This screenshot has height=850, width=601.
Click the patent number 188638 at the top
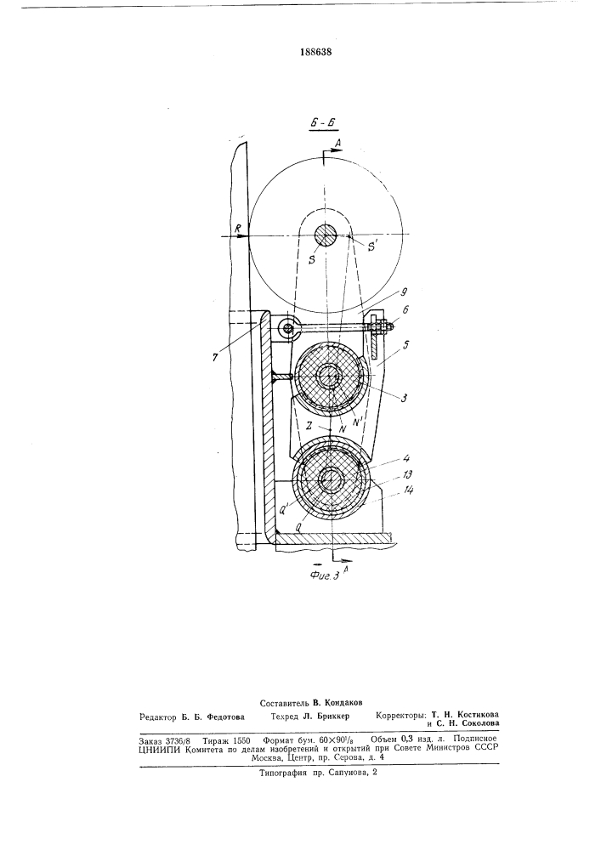point(315,53)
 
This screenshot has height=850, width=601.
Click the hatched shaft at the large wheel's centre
point(326,236)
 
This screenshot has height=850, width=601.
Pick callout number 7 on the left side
point(217,358)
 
